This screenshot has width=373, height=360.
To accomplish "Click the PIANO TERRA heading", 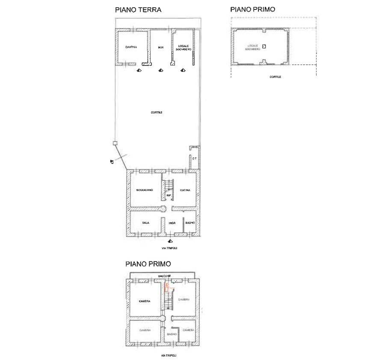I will pyautogui.click(x=138, y=9).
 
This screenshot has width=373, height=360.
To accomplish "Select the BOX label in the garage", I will pyautogui.click(x=160, y=47).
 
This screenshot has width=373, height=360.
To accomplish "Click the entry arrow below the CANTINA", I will pyautogui.click(x=138, y=71).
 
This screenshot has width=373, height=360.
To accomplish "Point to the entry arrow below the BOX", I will pyautogui.click(x=161, y=71).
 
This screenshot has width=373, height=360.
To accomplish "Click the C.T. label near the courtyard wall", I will pyautogui.click(x=194, y=158).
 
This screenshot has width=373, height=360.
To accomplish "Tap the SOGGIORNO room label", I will pyautogui.click(x=144, y=190).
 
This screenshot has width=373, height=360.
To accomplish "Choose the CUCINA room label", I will pyautogui.click(x=185, y=190).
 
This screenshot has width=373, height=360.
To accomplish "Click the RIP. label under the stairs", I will pyautogui.click(x=169, y=195).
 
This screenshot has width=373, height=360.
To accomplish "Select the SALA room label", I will pyautogui.click(x=145, y=223).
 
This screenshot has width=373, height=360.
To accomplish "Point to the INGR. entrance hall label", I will pyautogui.click(x=172, y=223).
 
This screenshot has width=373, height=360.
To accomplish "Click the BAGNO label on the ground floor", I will pyautogui.click(x=190, y=223).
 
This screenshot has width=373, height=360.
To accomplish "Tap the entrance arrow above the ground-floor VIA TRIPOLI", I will pyautogui.click(x=170, y=241).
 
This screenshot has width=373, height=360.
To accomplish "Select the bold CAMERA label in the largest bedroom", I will pyautogui.click(x=145, y=301).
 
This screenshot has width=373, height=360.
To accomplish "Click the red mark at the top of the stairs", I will pyautogui.click(x=166, y=286).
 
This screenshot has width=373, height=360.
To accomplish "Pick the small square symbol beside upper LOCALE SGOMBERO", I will pyautogui.click(x=264, y=46).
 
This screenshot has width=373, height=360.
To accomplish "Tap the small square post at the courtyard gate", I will pyautogui.click(x=115, y=144).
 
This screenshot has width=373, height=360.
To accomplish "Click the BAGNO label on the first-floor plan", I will pyautogui.click(x=172, y=334).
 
